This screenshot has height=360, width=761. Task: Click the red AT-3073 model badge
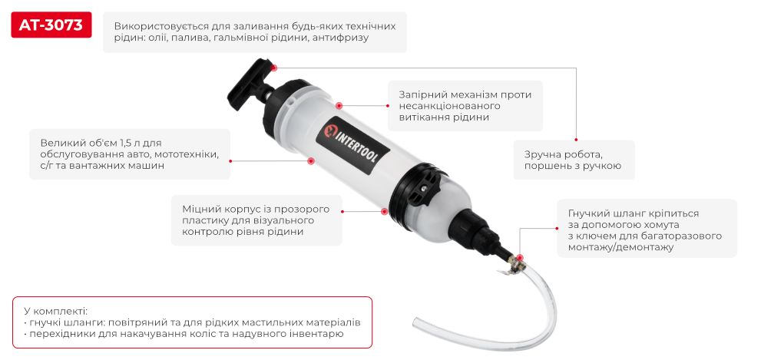coord(51,26)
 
